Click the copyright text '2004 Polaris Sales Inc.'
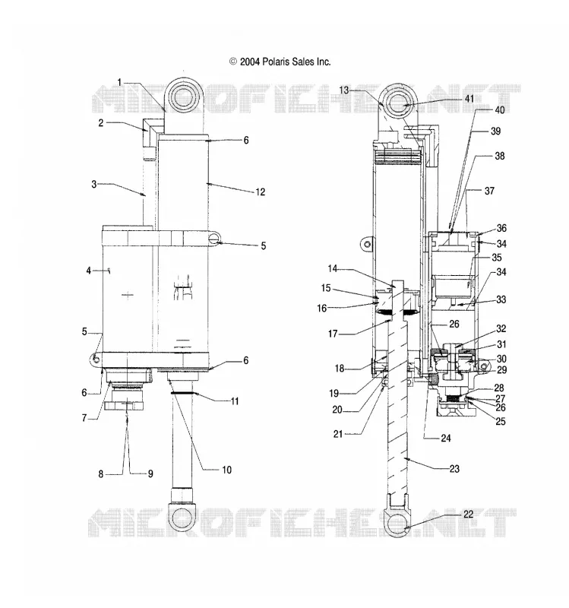[286, 62]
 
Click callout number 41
[469, 99]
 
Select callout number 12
[260, 192]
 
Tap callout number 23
[454, 469]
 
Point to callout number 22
[468, 515]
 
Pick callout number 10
[226, 470]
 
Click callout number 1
[120, 82]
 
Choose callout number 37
[489, 191]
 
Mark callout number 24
[446, 439]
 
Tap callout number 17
[333, 334]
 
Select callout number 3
[93, 184]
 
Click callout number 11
[235, 401]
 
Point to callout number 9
[150, 473]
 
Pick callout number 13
[344, 90]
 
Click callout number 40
[500, 110]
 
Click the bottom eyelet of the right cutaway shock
[398, 524]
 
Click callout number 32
[501, 329]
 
